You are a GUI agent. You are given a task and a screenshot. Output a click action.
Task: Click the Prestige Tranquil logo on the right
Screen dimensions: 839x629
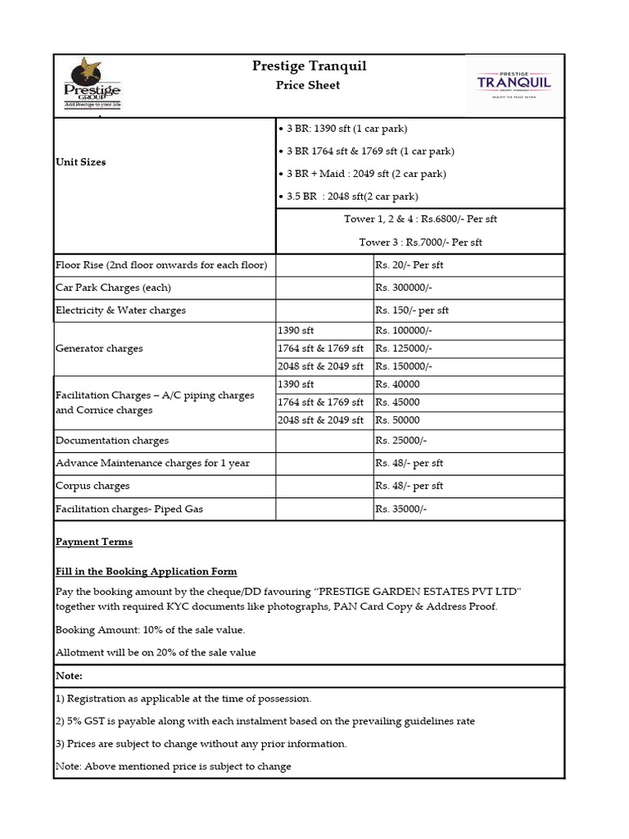pos(514,84)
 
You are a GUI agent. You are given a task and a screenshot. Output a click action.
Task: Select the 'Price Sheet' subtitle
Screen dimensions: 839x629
pos(307,85)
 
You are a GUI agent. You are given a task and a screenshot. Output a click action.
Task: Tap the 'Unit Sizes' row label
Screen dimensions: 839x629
pos(80,162)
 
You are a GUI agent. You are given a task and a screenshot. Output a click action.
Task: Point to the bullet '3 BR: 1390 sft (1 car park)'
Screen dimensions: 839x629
pos(342,129)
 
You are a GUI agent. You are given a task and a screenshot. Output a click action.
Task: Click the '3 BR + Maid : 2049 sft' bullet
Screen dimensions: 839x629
pos(354,174)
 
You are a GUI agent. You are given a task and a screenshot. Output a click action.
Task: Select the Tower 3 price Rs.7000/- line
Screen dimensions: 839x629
pos(420,243)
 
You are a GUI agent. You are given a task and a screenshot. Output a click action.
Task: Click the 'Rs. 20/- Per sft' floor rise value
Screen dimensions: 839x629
pos(409,265)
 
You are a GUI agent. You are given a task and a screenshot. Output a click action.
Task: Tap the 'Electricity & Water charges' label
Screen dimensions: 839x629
pos(120,311)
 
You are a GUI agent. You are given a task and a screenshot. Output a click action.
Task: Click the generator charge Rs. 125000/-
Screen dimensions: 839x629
pos(403,348)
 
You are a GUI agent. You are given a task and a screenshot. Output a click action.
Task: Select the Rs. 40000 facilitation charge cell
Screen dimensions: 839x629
pos(397,384)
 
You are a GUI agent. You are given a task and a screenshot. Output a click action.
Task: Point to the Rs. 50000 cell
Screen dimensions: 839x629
pos(397,420)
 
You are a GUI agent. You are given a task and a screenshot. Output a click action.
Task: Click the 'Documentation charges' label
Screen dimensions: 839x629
pos(112,440)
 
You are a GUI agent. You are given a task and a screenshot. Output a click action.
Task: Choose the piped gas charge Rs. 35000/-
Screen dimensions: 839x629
pos(400,509)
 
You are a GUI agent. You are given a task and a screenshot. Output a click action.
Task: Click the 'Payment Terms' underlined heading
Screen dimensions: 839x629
pos(93,542)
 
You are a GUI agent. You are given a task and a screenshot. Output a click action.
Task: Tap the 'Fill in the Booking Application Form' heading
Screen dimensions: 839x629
pos(146,572)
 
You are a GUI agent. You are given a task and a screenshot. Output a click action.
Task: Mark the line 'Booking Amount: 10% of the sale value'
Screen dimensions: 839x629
pos(150,630)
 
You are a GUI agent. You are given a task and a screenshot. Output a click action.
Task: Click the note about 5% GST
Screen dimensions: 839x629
pos(265,721)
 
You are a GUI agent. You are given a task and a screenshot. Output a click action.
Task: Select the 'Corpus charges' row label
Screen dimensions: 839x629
pos(93,486)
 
